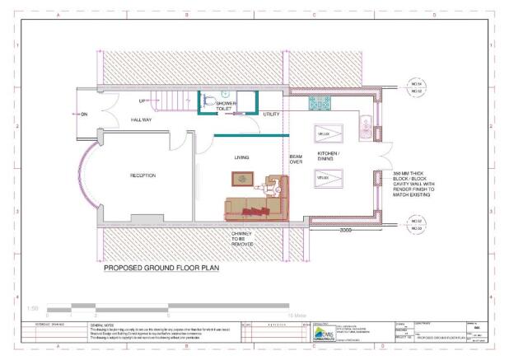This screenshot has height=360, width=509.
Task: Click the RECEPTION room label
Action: pos(143,175)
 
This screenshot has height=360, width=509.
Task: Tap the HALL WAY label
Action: pos(142,119)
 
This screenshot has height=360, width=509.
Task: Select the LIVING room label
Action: pos(242,157)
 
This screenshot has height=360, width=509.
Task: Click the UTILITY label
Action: pos(272,114)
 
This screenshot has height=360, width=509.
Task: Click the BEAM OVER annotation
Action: pos(296,159)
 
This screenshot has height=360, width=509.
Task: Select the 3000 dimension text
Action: pos(346,231)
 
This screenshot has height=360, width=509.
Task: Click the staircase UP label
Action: pos(142,101)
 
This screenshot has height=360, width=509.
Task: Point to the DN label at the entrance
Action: pos(83,115)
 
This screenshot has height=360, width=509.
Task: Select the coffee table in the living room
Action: pos(242,178)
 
